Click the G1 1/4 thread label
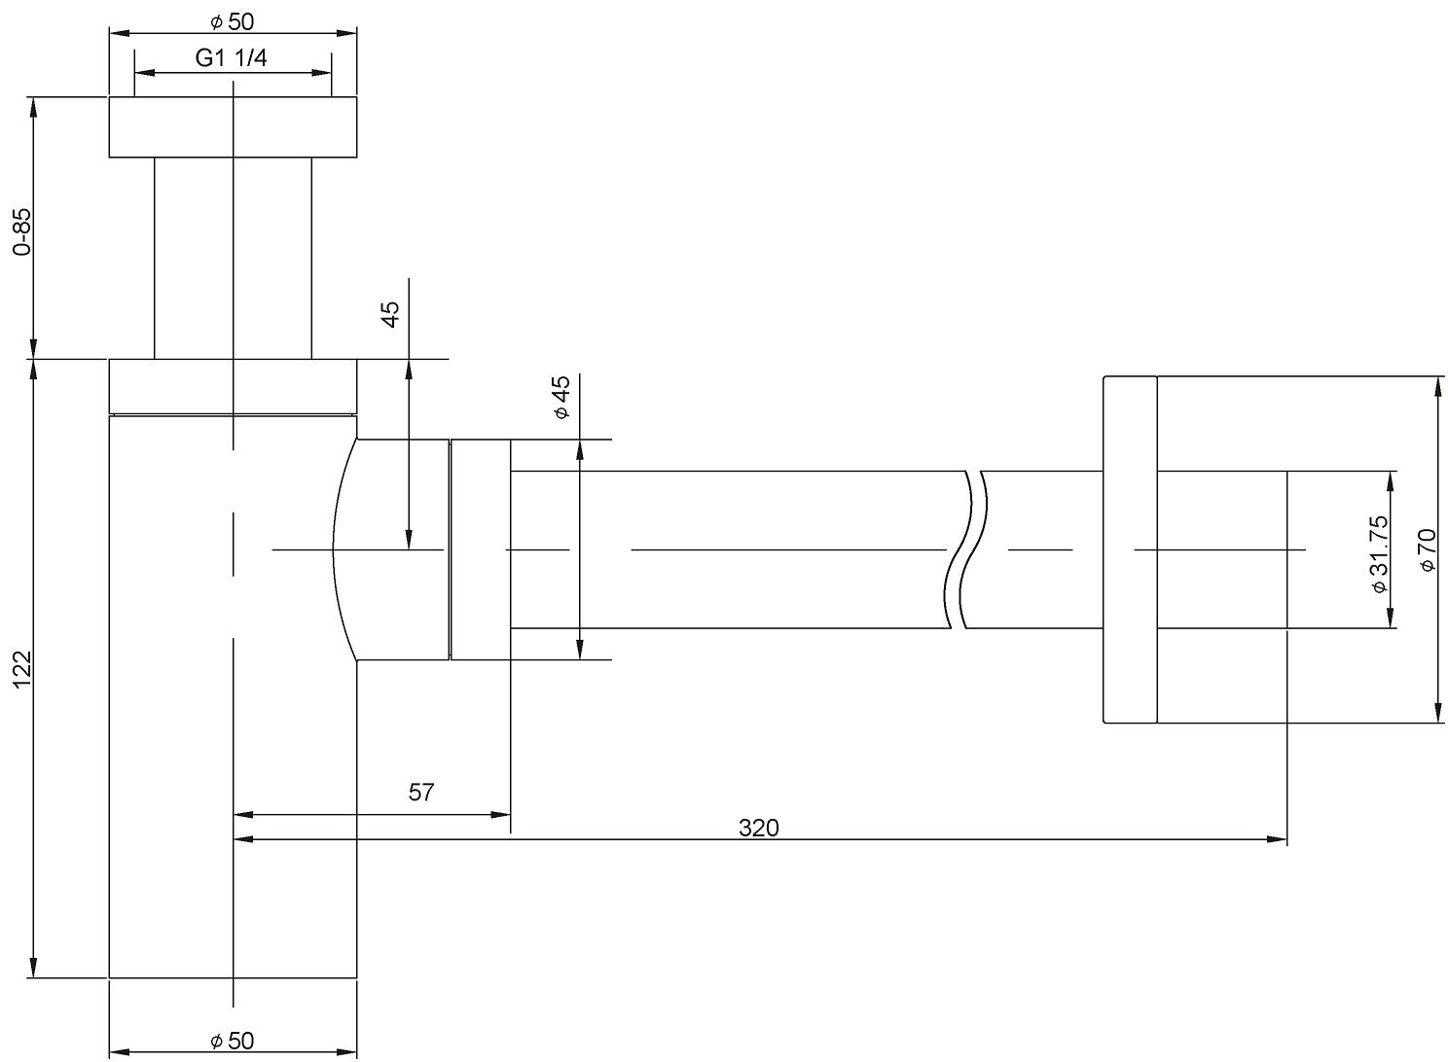click(232, 58)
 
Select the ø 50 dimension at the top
click(232, 21)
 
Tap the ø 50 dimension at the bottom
click(232, 1041)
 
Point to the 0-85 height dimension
click(21, 231)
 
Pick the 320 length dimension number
click(759, 828)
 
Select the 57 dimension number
click(420, 793)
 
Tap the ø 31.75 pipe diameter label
click(1379, 554)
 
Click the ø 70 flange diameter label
click(1428, 549)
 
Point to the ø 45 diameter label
click(561, 399)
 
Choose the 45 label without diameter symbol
click(390, 314)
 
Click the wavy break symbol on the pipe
click(965, 549)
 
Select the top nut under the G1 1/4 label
click(233, 126)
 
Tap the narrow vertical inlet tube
click(233, 258)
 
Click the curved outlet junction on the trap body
click(389, 549)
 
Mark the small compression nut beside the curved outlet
click(480, 549)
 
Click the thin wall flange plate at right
click(1129, 549)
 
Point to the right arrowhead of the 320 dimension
click(1278, 838)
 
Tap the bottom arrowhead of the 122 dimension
click(35, 969)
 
